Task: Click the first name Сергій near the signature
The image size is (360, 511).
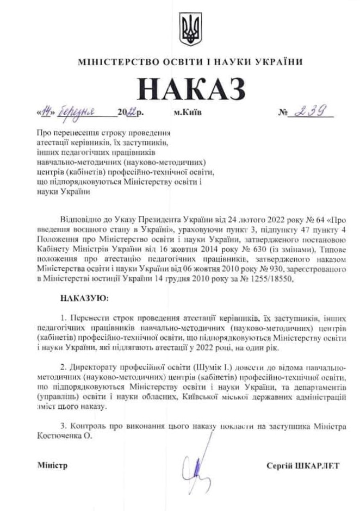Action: point(281,466)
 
